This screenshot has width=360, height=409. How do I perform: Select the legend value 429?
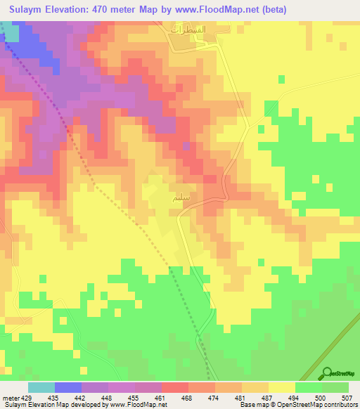[29, 398]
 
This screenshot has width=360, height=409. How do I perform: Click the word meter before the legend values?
[11, 398]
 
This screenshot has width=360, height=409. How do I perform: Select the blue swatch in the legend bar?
[68, 387]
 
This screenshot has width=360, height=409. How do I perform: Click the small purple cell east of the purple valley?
[186, 145]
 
